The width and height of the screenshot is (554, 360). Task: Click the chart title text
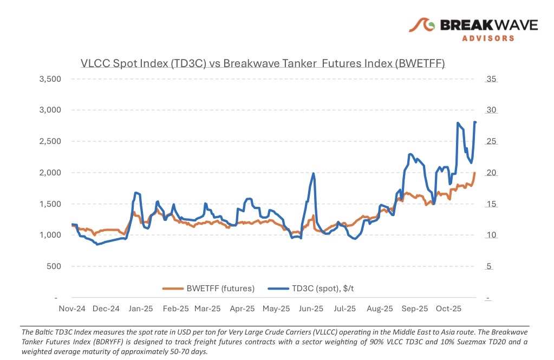click(262, 63)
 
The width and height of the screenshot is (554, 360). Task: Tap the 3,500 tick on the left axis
click(51, 79)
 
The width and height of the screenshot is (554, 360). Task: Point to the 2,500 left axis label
click(51, 141)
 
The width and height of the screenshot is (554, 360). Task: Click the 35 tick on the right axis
click(491, 79)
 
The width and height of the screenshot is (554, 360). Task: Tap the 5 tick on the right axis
click(488, 266)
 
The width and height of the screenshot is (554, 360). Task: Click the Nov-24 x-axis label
click(71, 309)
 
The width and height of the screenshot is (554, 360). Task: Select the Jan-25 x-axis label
click(140, 309)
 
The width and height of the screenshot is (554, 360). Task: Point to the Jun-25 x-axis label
click(311, 309)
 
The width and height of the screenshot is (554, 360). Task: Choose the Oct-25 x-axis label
click(448, 309)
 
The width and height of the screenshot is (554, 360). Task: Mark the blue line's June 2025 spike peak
click(313, 173)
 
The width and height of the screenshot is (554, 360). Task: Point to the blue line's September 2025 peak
click(410, 154)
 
